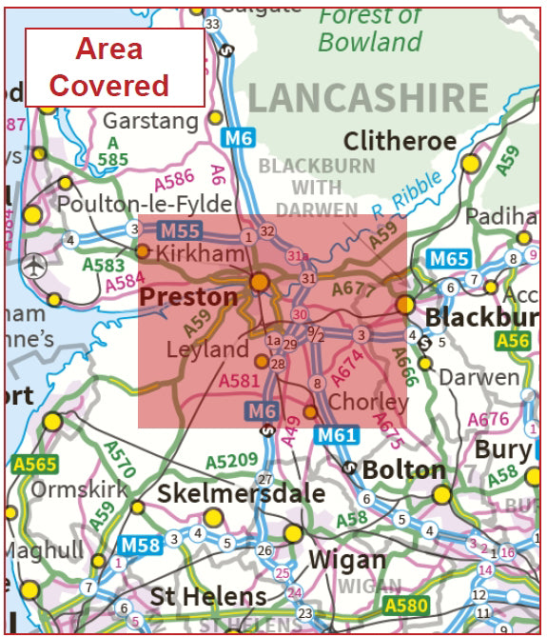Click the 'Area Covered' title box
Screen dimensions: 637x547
[114, 67]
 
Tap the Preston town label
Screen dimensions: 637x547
[188, 297]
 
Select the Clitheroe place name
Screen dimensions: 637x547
[400, 142]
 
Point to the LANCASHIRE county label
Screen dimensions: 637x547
[369, 98]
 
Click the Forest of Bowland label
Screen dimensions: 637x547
[371, 29]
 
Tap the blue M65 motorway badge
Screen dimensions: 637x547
[448, 258]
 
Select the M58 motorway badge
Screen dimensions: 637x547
[139, 546]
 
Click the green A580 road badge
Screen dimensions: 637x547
[406, 605]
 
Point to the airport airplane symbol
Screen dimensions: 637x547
[35, 264]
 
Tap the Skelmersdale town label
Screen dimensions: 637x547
[241, 493]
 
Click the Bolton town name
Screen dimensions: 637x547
[404, 469]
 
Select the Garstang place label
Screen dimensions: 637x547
[150, 122]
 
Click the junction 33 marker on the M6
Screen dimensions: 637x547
[212, 24]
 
